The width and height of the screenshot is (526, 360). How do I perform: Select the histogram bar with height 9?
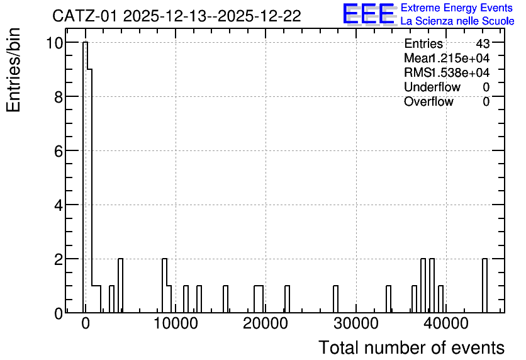coord(89,191)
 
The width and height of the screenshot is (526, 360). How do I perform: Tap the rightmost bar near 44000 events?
coord(484,286)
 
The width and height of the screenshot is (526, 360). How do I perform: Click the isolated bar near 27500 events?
coord(335,299)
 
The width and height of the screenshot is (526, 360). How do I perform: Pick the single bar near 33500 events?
coord(388,299)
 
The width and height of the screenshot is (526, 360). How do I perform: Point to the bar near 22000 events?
coord(287,299)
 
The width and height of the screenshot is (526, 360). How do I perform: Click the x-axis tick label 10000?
coord(176,323)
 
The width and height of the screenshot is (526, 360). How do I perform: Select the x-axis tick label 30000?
coord(356,323)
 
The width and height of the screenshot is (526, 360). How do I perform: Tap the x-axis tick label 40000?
coord(446,323)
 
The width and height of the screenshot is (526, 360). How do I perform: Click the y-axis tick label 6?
coord(59,151)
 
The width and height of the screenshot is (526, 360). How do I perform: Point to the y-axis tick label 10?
coord(53,43)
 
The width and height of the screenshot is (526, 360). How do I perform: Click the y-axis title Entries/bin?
coord(13,70)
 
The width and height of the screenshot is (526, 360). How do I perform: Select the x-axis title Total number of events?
coord(411,347)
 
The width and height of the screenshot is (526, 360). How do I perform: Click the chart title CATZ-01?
coord(84,16)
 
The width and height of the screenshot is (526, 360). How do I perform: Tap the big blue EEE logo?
coord(369,14)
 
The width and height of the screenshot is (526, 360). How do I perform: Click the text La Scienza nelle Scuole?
coord(457,21)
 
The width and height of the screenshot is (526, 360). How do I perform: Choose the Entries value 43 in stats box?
coord(483,43)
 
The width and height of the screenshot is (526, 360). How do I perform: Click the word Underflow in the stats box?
coord(432,87)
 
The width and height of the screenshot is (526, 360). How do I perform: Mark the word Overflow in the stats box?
coord(428,102)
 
